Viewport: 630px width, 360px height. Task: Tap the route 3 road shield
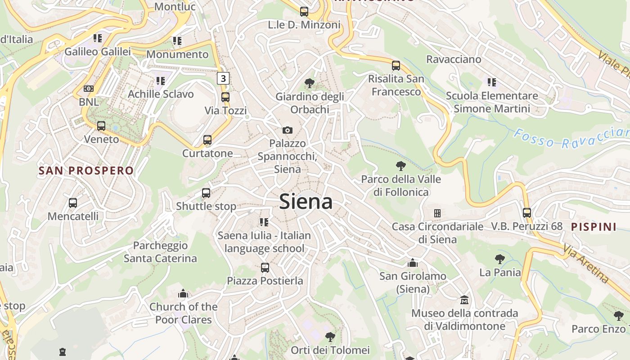point(223,78)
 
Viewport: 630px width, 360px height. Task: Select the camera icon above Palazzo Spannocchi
point(288,130)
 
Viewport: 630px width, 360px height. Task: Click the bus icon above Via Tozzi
point(225,97)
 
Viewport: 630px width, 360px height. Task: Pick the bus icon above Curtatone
point(207,140)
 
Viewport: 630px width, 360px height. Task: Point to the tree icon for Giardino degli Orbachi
point(309,83)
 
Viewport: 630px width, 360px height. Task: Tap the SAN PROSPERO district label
point(86,171)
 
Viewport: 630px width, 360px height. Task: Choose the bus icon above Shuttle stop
point(206,193)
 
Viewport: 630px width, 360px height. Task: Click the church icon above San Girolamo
point(413,263)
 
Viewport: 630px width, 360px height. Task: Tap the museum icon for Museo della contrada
point(464,300)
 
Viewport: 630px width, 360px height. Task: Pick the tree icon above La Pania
point(499,259)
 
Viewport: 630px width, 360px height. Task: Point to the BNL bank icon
point(89,89)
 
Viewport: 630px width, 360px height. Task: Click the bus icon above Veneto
point(101,126)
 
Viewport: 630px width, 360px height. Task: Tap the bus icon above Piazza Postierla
point(265,268)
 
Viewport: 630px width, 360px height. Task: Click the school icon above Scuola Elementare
point(492,82)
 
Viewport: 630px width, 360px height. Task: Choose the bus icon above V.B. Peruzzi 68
point(527,213)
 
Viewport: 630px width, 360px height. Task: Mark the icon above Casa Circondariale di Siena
point(437,213)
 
